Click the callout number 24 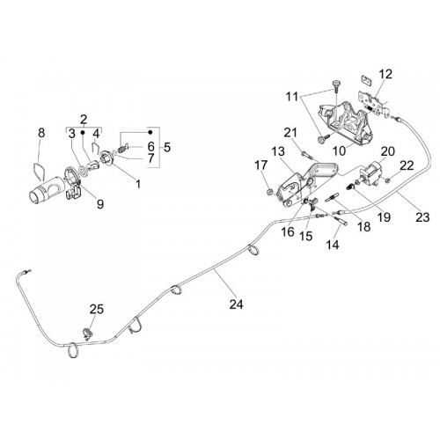[x=236, y=304]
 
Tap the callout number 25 [x=97, y=309]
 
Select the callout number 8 [x=41, y=133]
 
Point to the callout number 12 [x=385, y=74]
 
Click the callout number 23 [x=422, y=217]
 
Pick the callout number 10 [x=340, y=150]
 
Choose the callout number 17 [x=260, y=165]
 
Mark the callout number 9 [x=100, y=203]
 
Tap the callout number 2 [x=84, y=120]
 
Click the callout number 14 [x=333, y=245]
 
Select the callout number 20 [x=388, y=151]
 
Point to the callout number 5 [x=167, y=147]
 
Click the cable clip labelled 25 [x=88, y=334]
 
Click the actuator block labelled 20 [x=370, y=174]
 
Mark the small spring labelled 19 [x=349, y=186]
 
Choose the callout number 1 [x=138, y=184]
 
